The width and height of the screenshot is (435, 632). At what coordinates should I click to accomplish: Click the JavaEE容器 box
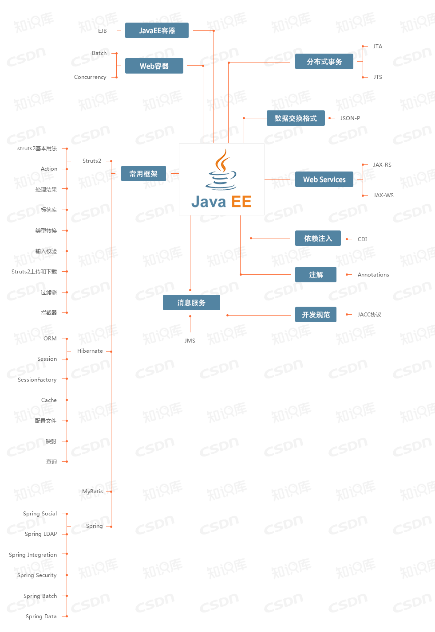(157, 31)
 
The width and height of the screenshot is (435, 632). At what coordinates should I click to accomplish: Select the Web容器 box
(154, 66)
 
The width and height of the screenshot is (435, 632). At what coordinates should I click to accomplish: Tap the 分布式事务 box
(324, 62)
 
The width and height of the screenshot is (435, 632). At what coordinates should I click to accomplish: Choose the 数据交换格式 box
(296, 118)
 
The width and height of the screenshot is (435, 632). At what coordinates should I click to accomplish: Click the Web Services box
(324, 179)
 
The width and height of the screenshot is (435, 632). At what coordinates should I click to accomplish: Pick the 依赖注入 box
(318, 238)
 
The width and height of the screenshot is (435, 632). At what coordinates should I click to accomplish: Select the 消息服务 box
(191, 303)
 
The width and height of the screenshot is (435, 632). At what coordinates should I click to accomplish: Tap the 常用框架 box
(143, 174)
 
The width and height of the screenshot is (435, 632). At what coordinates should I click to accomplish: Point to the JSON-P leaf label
(350, 118)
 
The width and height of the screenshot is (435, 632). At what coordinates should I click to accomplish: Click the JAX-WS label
(384, 195)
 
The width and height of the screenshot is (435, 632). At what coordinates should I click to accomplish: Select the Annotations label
(373, 275)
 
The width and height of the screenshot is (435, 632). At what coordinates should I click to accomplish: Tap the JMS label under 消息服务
(190, 341)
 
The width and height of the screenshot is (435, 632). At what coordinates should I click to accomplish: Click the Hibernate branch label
(90, 351)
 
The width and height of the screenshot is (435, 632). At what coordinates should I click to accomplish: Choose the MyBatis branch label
(92, 492)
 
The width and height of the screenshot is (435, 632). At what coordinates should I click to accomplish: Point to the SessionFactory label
(37, 380)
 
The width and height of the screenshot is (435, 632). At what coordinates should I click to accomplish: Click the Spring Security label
(37, 575)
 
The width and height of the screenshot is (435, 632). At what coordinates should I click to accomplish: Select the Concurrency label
(90, 77)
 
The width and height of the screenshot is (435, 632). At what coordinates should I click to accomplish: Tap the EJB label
(103, 31)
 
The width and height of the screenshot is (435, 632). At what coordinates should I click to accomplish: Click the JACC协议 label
(369, 315)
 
